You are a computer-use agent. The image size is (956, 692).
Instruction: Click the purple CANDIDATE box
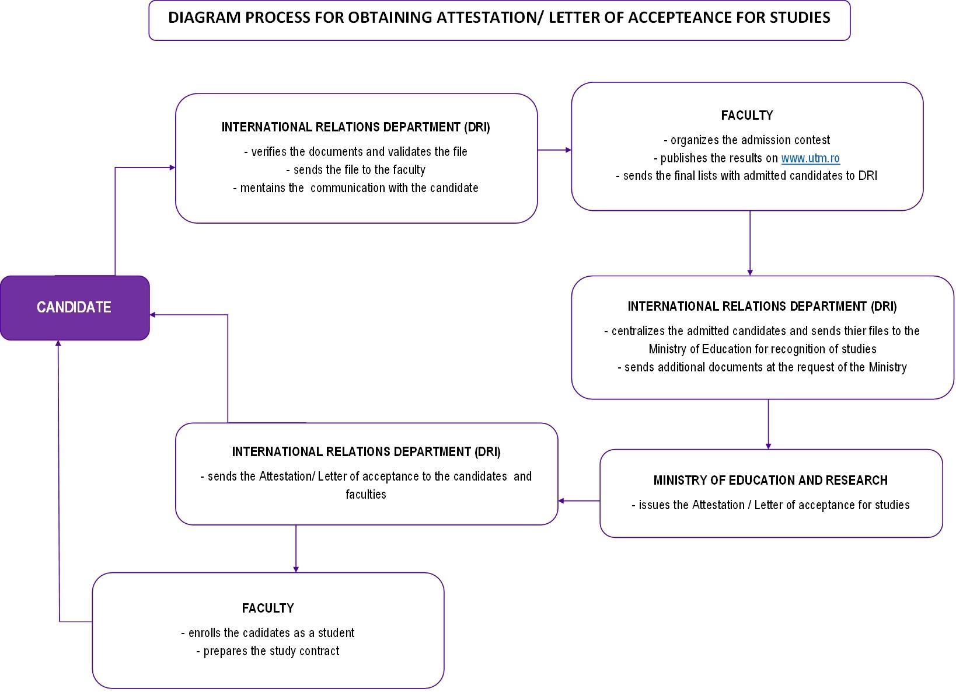(75, 308)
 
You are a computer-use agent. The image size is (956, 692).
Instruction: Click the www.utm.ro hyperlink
(811, 158)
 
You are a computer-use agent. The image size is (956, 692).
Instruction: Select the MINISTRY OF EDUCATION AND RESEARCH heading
(770, 480)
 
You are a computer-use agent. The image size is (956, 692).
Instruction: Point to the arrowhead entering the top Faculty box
(568, 150)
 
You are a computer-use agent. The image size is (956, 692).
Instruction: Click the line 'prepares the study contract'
(267, 651)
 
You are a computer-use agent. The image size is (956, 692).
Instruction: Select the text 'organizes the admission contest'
(747, 140)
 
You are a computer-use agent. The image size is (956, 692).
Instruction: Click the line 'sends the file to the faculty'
(356, 170)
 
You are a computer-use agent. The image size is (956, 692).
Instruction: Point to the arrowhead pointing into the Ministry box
(768, 446)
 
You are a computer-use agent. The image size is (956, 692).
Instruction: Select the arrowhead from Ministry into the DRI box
(561, 500)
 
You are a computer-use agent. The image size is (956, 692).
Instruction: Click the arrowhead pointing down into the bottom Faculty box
(296, 569)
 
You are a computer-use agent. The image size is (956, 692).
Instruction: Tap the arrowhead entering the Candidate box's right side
(153, 315)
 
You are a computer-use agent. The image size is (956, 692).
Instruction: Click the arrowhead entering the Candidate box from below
(58, 343)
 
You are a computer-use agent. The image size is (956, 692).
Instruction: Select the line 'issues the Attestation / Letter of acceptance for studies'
(770, 505)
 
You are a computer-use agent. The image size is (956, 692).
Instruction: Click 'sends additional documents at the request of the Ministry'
(762, 367)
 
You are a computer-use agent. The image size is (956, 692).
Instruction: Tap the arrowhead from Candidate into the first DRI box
(172, 168)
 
